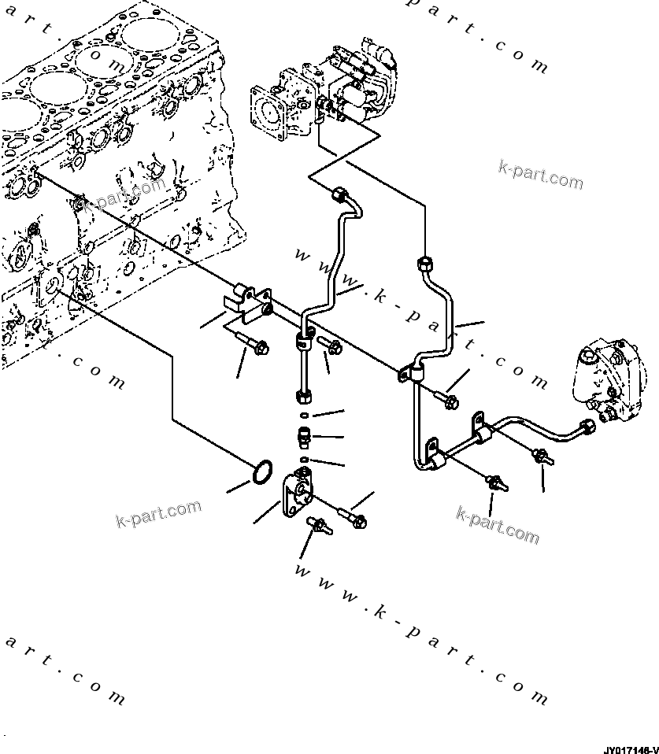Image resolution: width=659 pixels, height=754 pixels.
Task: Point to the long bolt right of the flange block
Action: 351,516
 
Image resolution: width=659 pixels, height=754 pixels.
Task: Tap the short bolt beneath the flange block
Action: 320,526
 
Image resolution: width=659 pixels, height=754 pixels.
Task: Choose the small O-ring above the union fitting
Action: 304,415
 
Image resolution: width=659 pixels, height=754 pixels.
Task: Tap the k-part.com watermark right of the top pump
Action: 540,176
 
